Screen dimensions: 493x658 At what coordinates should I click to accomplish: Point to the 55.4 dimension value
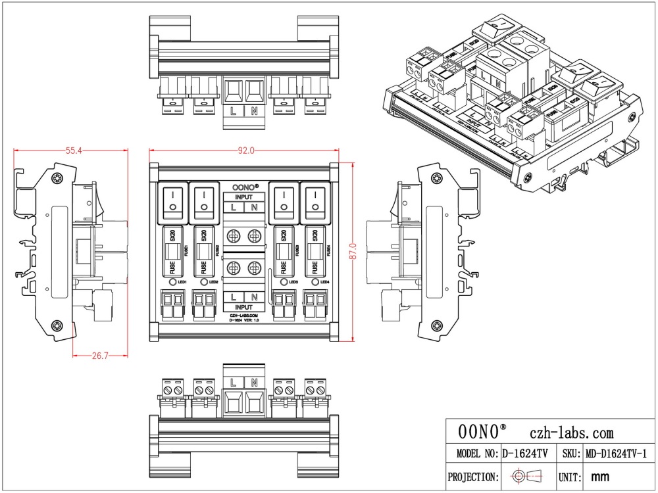(x=73, y=151)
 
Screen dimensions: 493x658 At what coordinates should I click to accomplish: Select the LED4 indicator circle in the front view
(x=315, y=282)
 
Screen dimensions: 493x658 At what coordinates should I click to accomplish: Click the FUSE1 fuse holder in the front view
(x=172, y=252)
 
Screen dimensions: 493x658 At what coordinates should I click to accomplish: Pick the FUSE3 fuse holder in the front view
(x=283, y=252)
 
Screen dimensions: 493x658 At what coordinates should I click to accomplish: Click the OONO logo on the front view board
(x=244, y=187)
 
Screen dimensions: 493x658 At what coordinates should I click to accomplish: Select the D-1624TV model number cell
(x=525, y=454)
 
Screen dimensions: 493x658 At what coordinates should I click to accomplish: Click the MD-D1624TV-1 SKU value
(x=617, y=454)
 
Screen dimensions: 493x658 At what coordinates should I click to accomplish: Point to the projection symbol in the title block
(x=527, y=477)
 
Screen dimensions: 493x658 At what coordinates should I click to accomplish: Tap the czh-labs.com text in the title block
(x=571, y=433)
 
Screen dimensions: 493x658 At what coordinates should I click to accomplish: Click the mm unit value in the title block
(x=599, y=477)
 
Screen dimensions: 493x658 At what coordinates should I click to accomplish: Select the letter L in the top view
(x=234, y=111)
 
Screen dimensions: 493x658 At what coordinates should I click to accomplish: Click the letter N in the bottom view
(x=255, y=382)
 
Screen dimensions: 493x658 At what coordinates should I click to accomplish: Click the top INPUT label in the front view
(x=244, y=197)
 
